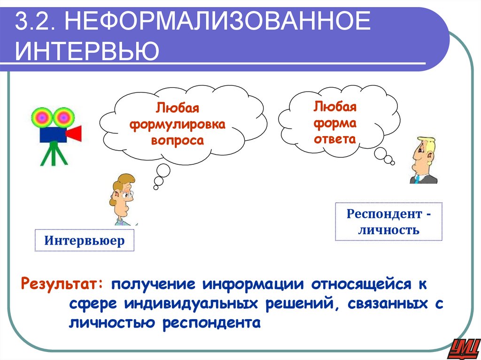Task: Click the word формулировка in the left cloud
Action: tap(178, 124)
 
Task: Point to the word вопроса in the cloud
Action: tap(178, 140)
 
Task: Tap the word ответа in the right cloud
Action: tap(335, 139)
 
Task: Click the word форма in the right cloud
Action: tap(335, 123)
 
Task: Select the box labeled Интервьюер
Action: tap(85, 241)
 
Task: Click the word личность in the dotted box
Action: tap(388, 230)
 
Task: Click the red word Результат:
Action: tap(59, 284)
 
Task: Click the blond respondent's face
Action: tap(421, 156)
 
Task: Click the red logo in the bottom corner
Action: tap(465, 348)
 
